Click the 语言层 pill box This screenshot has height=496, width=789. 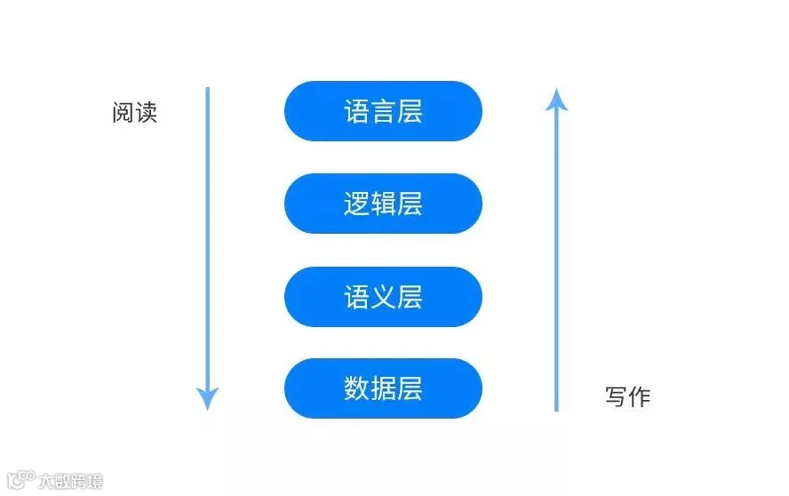383,111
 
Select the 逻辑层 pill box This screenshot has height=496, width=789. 383,204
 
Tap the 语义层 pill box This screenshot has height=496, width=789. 383,297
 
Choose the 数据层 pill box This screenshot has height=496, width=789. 383,388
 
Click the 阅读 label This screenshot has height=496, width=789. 134,112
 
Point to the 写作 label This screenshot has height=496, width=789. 627,396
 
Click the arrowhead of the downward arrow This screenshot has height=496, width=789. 207,399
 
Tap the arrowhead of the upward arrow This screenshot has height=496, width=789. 556,100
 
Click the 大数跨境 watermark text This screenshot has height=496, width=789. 70,481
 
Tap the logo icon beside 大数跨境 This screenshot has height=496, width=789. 21,479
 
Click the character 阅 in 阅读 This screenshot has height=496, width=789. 123,112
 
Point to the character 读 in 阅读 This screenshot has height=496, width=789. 147,112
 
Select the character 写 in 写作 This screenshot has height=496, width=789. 616,396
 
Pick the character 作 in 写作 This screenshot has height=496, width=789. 640,396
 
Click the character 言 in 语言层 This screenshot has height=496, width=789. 383,111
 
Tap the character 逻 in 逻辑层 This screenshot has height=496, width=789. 357,204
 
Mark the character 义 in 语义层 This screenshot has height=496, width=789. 383,297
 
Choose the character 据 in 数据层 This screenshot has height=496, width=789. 383,388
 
